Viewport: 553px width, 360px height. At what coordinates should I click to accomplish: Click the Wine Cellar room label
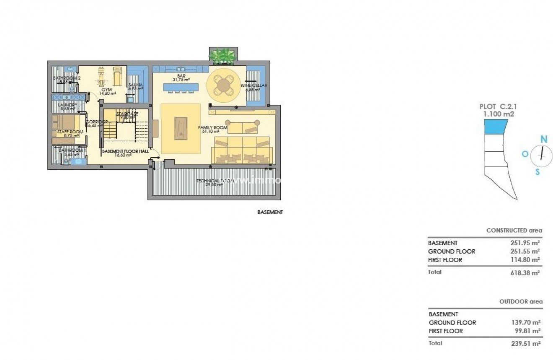[253, 85]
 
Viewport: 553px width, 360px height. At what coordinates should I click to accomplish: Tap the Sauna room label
[135, 85]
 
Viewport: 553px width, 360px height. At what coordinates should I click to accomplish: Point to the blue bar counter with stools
[180, 87]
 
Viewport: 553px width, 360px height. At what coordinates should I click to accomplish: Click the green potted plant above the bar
[222, 56]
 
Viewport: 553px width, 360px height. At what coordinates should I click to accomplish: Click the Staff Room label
[70, 132]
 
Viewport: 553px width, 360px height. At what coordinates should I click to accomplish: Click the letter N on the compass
[544, 139]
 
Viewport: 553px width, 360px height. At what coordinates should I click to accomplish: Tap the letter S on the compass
[537, 172]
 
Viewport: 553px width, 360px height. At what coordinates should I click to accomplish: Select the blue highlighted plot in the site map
[496, 127]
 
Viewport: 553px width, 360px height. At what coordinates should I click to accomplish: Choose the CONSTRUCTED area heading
[514, 231]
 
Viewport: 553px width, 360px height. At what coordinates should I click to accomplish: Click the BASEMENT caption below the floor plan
[270, 212]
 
